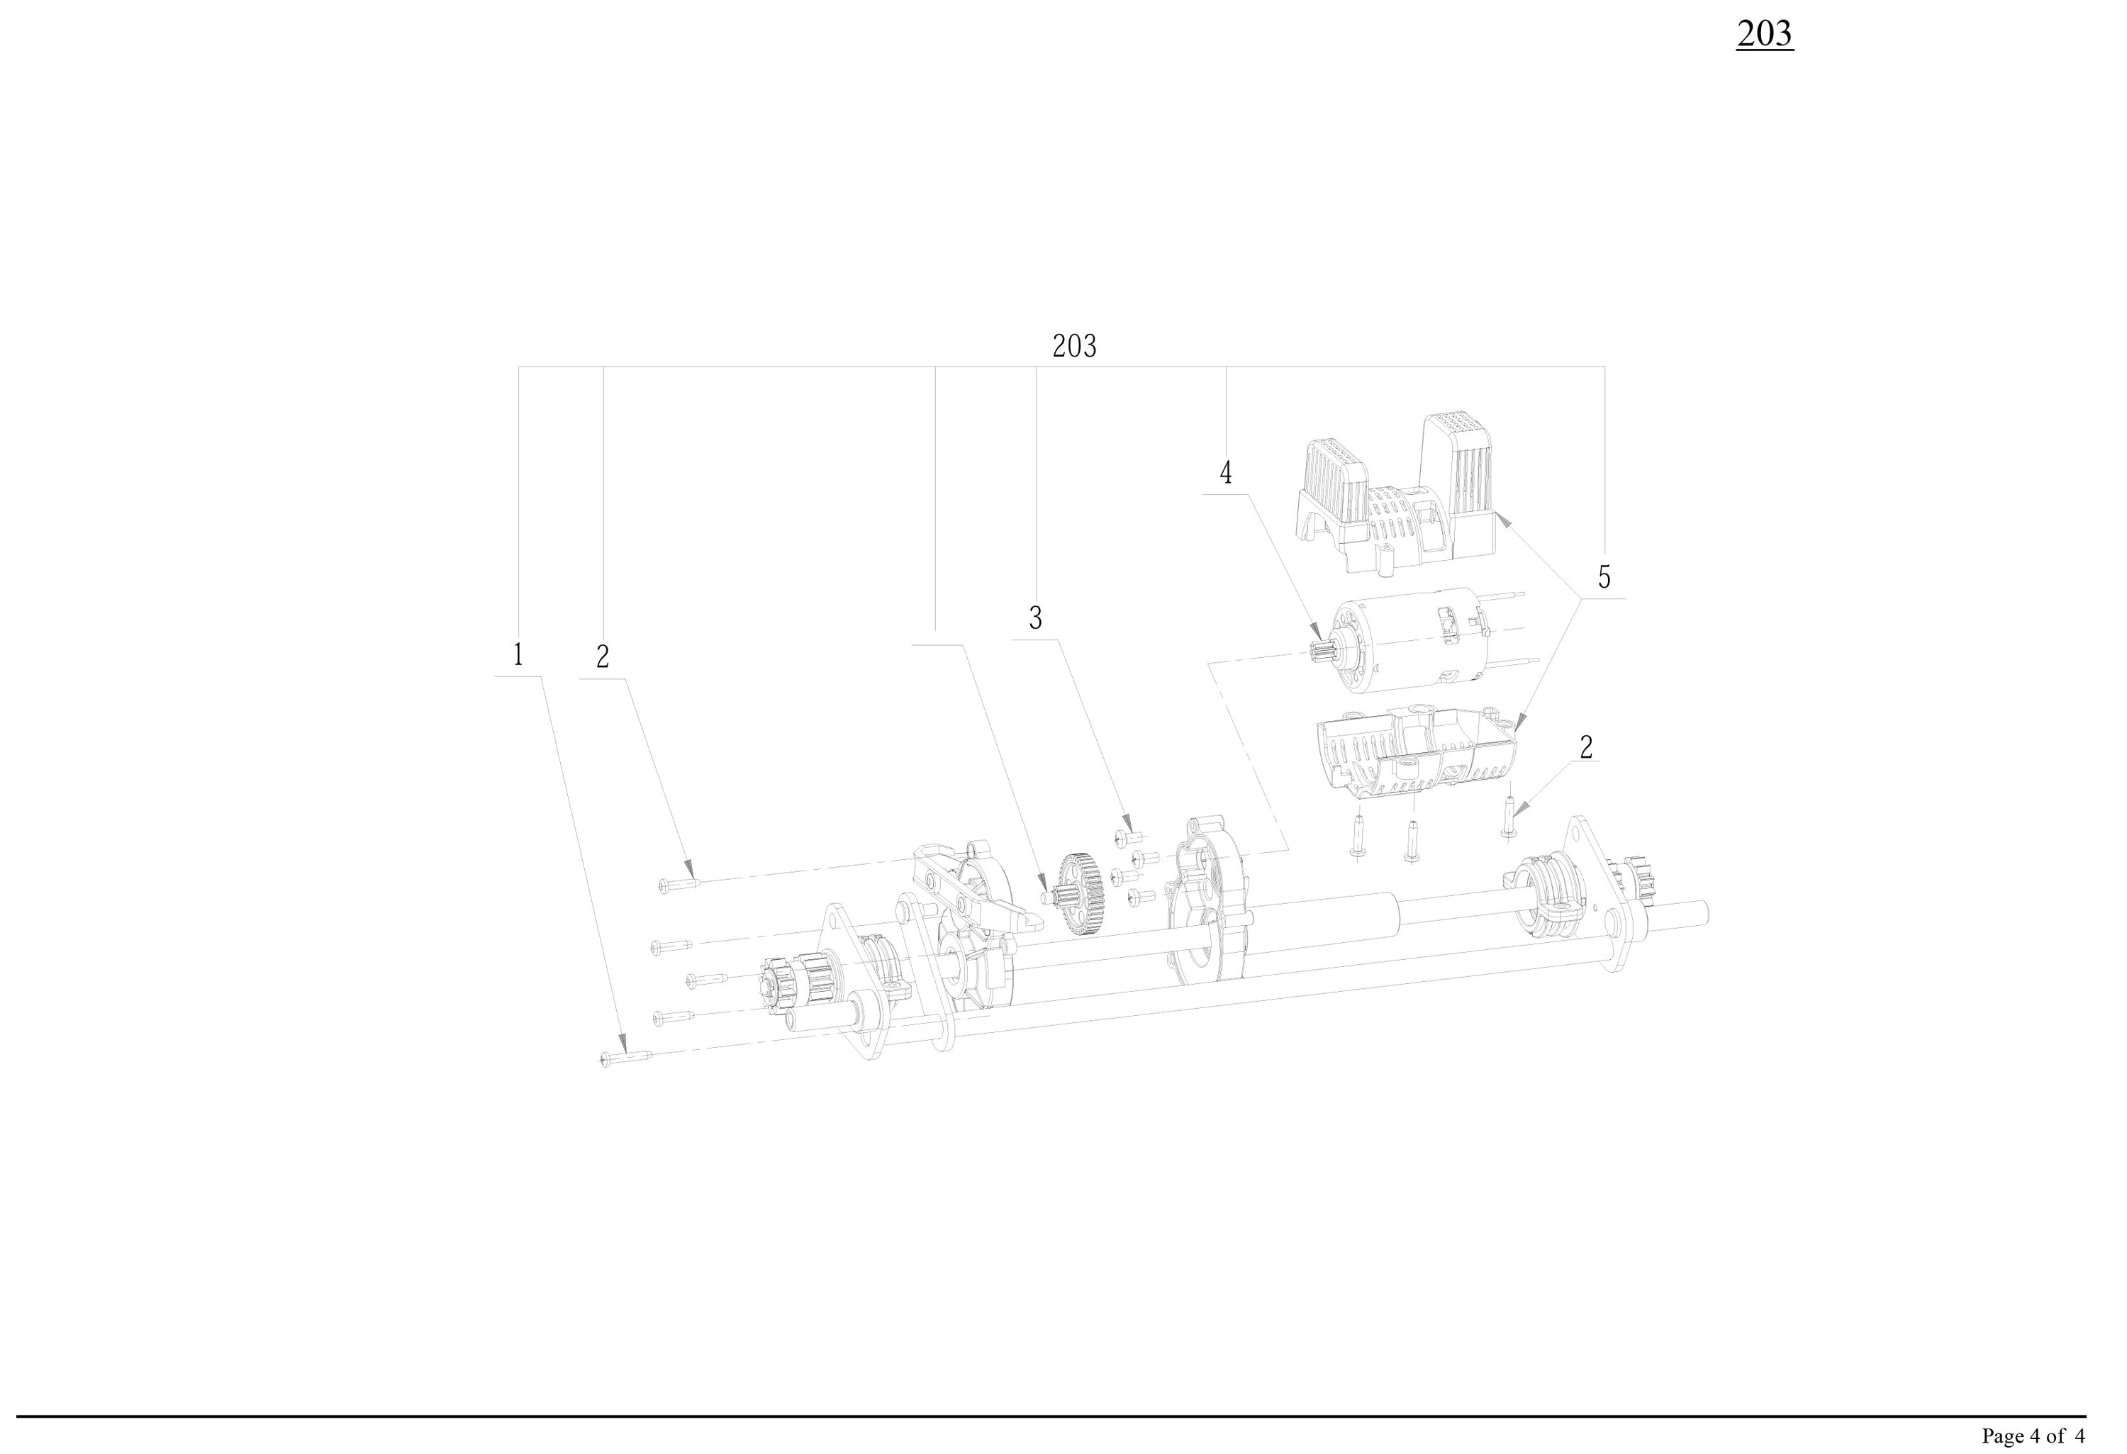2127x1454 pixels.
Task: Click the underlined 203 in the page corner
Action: (1764, 34)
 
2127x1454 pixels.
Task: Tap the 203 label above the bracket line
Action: (1073, 346)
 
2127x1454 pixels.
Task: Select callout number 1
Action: (518, 655)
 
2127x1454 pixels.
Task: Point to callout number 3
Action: (1035, 619)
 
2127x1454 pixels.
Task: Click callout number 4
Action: (1225, 472)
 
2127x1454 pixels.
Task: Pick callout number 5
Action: (1604, 576)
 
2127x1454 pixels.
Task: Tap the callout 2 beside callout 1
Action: (602, 657)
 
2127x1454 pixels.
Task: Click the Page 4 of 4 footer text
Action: (2033, 1436)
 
